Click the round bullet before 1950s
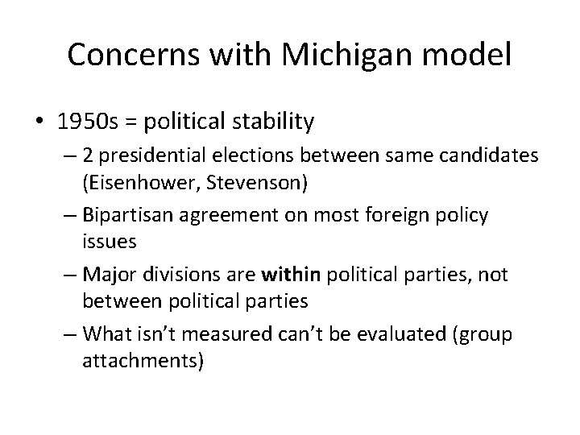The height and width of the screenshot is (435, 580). click(x=39, y=122)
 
